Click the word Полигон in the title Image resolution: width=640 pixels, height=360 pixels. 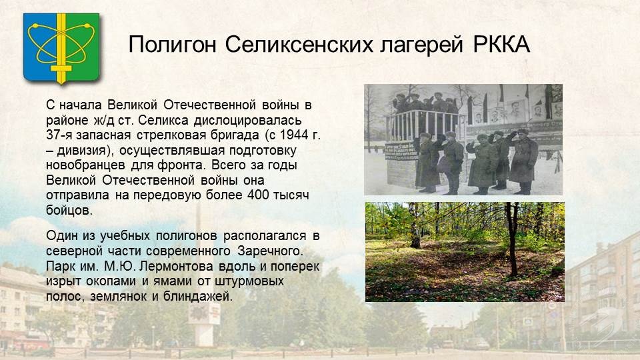[x=172, y=45]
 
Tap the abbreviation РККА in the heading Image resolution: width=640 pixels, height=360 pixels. [x=501, y=44]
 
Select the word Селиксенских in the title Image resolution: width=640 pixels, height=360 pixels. [x=299, y=44]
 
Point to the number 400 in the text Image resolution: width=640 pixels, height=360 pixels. [x=258, y=195]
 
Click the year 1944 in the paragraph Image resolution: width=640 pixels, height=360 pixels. [x=295, y=135]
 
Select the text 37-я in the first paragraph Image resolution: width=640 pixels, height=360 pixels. [x=59, y=135]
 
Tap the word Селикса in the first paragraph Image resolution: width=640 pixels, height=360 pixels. [x=164, y=121]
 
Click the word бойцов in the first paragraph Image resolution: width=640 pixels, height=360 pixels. [x=69, y=210]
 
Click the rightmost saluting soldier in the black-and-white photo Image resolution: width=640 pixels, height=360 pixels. [x=524, y=161]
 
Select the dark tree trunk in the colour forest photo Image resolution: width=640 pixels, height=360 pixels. [x=511, y=239]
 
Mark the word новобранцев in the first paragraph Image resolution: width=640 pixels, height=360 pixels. [x=85, y=165]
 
